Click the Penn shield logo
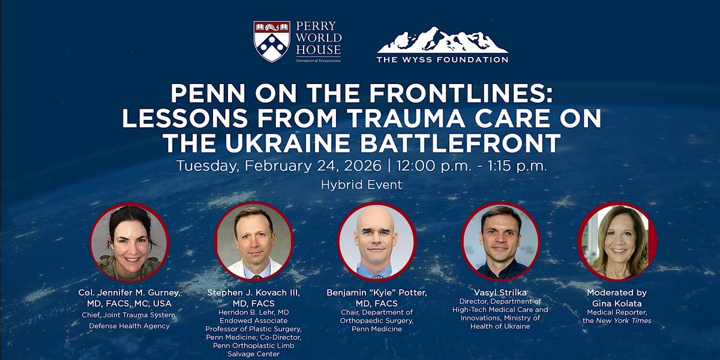pos(272,41)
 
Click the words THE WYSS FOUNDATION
pos(443,59)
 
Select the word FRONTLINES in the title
pos(461,93)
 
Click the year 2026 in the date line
pos(362,166)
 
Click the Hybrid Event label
pos(361,185)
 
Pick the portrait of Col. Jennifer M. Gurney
pos(130,242)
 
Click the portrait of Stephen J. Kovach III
pos(254,241)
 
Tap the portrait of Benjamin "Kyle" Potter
pos(377,241)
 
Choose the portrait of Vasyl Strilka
pos(500,241)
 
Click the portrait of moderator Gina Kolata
pos(617,241)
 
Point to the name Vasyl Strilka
pos(500,293)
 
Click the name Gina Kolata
pos(617,304)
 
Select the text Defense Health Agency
pos(129,326)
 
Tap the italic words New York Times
pos(623,320)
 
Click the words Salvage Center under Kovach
pos(253,354)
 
